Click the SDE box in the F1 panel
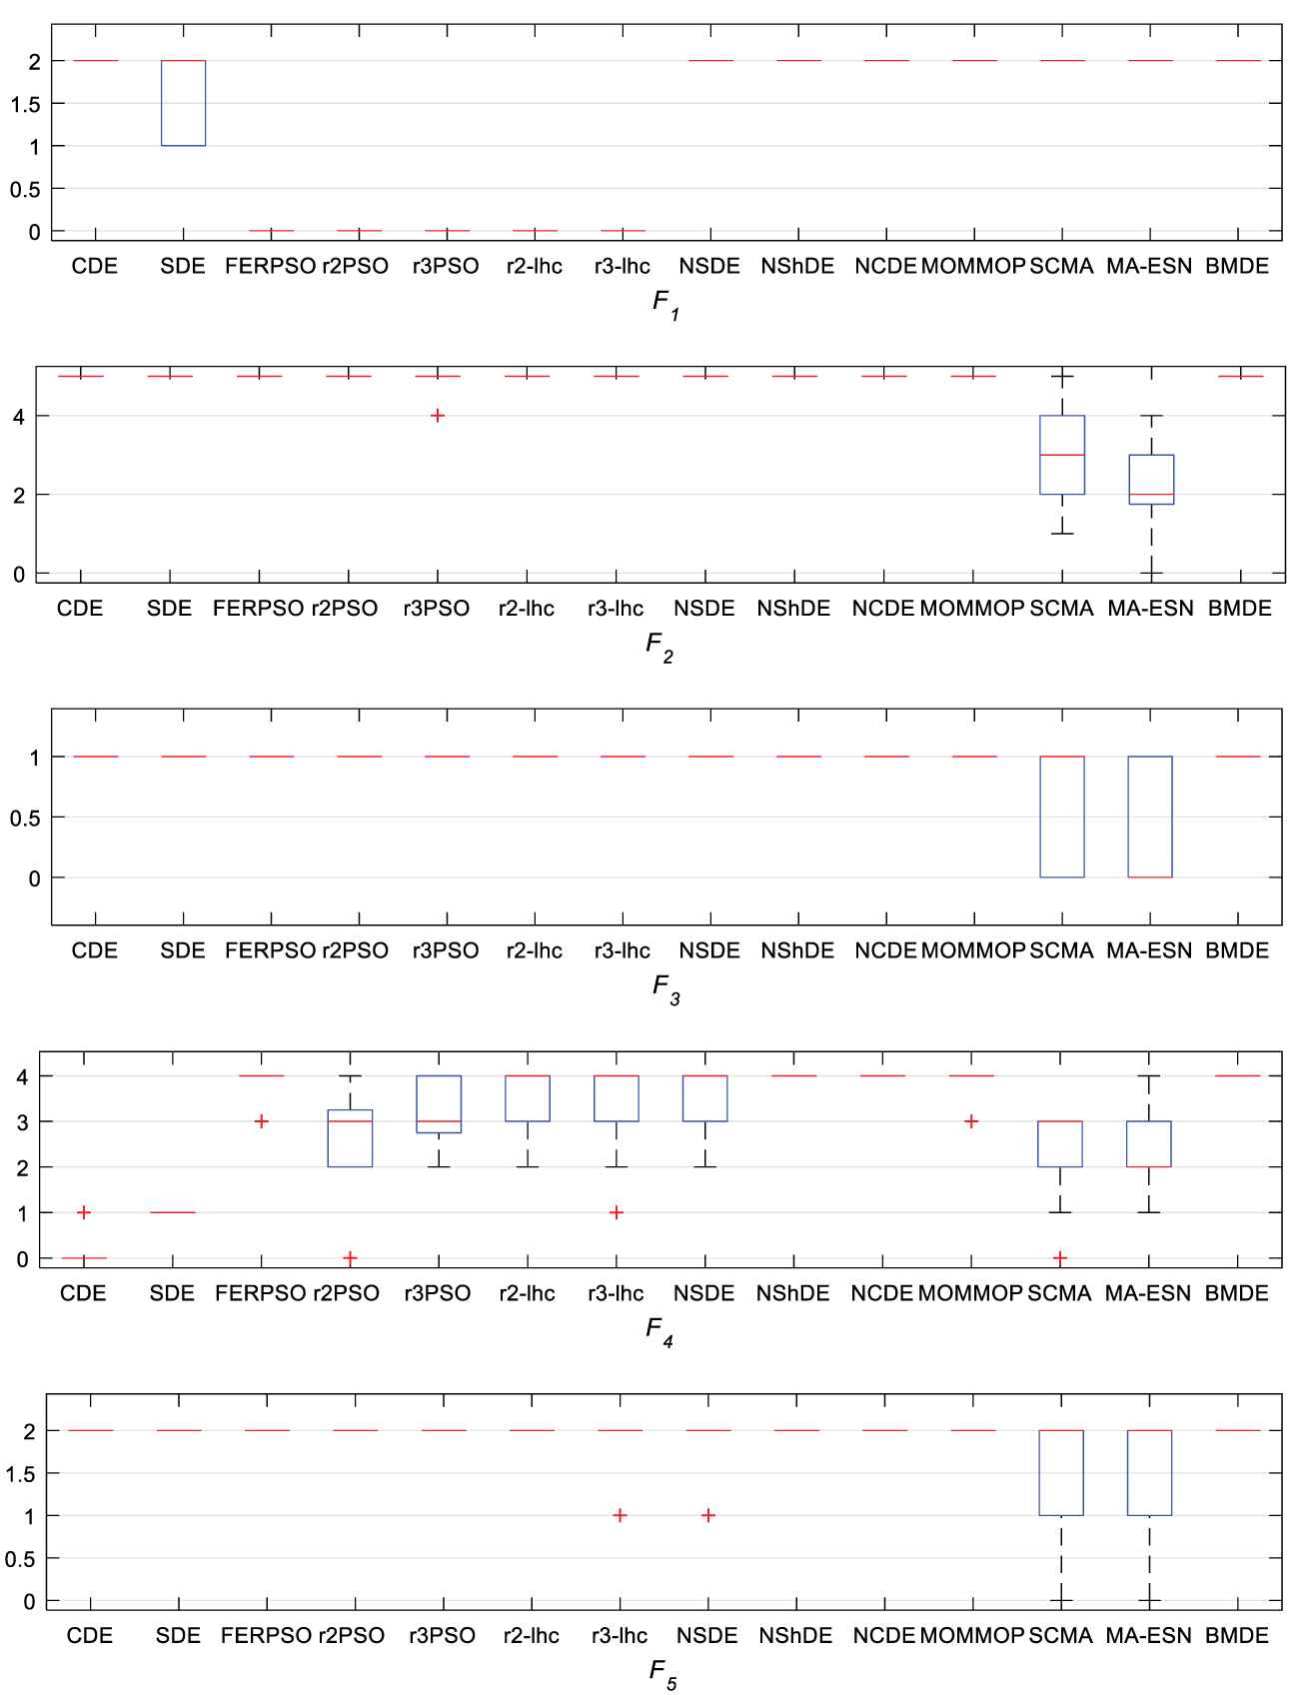184,103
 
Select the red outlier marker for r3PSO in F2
437,416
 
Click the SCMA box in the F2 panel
1062,455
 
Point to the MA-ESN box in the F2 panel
1152,480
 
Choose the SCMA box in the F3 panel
1062,817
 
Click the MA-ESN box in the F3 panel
1150,817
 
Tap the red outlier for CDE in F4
84,1212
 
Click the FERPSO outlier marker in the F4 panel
262,1121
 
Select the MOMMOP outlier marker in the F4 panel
970,1121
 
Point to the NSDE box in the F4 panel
704,1098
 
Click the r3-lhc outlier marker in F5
620,1515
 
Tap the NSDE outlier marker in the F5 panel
707,1515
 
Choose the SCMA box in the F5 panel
1061,1472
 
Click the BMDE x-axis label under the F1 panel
1237,266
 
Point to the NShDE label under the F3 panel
795,950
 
